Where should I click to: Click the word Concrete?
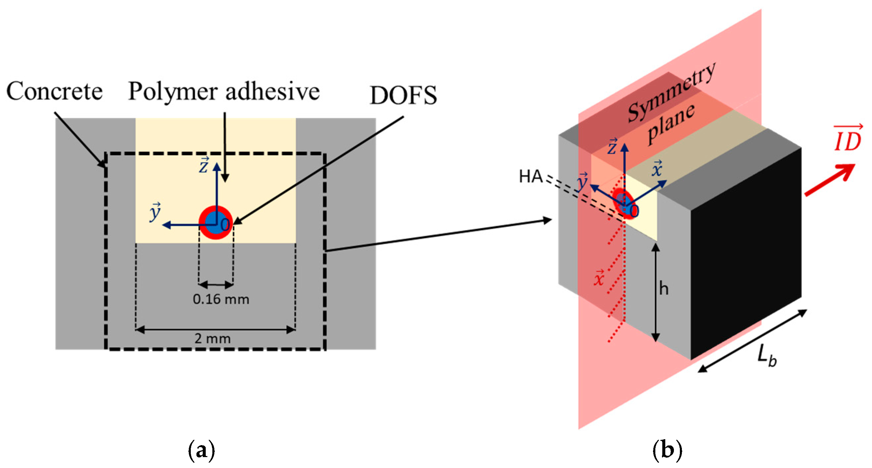point(54,91)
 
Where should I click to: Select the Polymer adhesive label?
point(224,91)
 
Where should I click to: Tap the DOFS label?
point(403,96)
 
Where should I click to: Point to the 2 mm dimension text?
point(212,338)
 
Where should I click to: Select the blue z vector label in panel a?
point(204,165)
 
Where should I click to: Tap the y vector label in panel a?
point(155,212)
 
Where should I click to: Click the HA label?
point(531,177)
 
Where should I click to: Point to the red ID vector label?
point(847,139)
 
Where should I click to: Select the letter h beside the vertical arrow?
point(664,289)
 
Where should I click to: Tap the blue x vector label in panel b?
point(657,169)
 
